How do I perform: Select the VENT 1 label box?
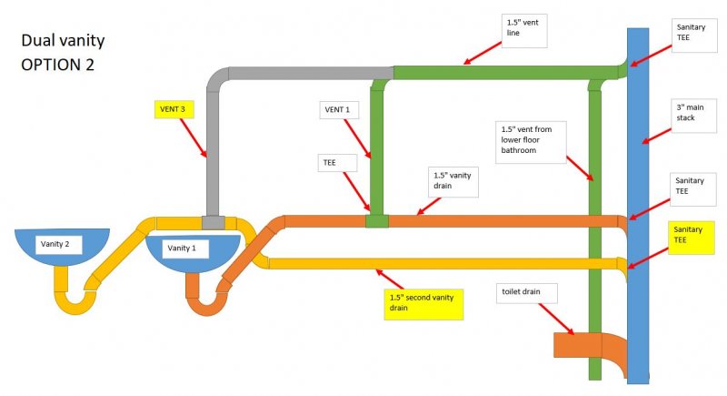pyautogui.click(x=341, y=110)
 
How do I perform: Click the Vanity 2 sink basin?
pyautogui.click(x=62, y=246)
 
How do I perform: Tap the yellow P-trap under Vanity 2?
pyautogui.click(x=73, y=300)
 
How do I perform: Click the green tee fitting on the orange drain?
pyautogui.click(x=376, y=221)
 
